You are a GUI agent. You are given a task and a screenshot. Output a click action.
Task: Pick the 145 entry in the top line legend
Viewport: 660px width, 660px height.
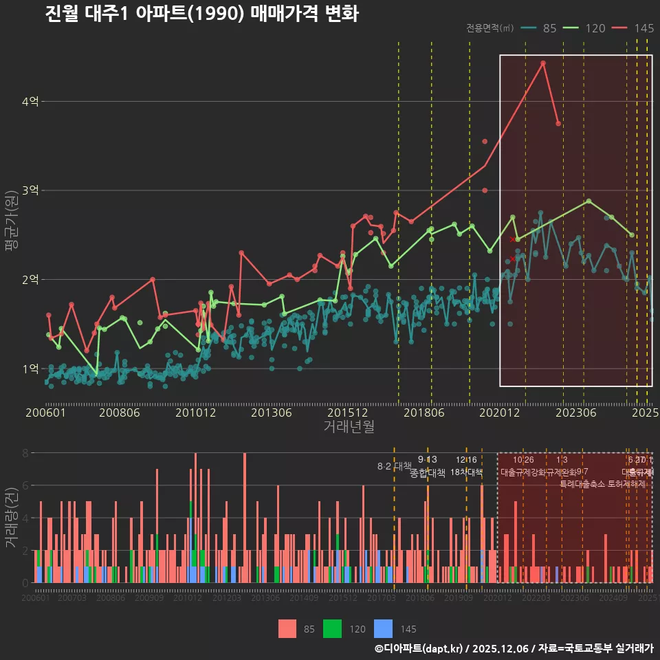click(633, 28)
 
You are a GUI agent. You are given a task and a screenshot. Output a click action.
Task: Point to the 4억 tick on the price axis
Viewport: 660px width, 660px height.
click(30, 102)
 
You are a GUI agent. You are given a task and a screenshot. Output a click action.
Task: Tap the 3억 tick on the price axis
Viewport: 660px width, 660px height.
click(30, 190)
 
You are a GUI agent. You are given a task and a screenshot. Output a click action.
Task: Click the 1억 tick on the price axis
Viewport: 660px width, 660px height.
click(30, 368)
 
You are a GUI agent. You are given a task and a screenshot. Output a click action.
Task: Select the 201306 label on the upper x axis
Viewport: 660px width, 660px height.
click(272, 413)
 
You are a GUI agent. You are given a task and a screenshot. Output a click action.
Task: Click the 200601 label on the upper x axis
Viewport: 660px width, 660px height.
click(45, 413)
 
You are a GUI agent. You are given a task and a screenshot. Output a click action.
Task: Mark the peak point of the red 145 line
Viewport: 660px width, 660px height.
click(543, 63)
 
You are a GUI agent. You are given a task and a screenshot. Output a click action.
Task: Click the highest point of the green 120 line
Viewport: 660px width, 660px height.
click(588, 201)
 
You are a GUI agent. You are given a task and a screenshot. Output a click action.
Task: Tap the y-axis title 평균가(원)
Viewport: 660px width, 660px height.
click(12, 221)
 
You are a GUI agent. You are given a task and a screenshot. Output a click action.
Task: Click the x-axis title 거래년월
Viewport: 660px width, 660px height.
click(349, 427)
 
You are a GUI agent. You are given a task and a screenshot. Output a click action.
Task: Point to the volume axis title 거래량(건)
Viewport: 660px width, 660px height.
click(12, 518)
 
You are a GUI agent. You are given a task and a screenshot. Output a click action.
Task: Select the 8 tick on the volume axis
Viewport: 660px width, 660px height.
click(25, 453)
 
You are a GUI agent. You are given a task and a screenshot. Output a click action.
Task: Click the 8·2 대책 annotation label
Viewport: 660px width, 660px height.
click(394, 465)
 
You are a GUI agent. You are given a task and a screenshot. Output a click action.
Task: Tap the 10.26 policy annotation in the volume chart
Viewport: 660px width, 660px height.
click(523, 460)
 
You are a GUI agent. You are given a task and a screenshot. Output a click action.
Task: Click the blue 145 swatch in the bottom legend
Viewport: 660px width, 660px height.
click(383, 628)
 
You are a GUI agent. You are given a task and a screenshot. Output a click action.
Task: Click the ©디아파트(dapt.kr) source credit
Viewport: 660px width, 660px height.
click(419, 648)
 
